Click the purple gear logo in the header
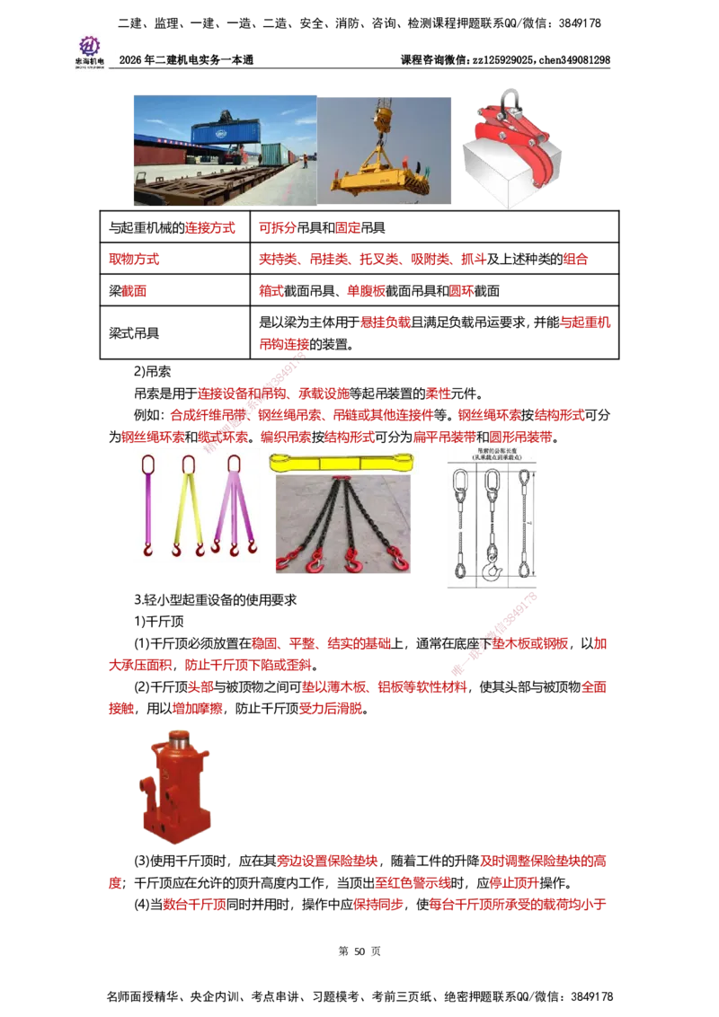pos(89,45)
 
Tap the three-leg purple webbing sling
pos(234,508)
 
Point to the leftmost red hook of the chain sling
pos(284,562)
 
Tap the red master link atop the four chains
pos(341,479)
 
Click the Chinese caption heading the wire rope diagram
pos(492,455)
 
